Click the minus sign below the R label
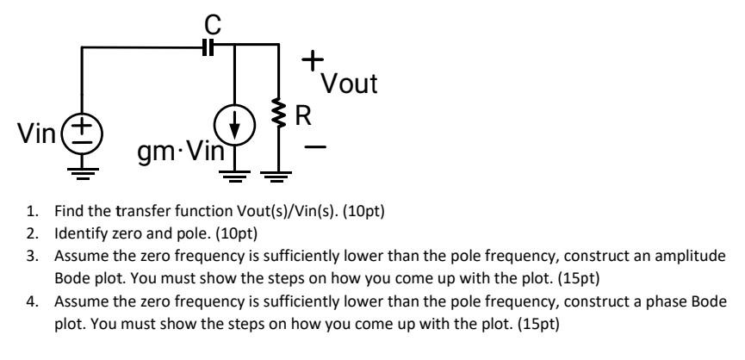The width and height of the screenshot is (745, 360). [x=315, y=147]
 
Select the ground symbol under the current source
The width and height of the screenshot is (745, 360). [x=235, y=177]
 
